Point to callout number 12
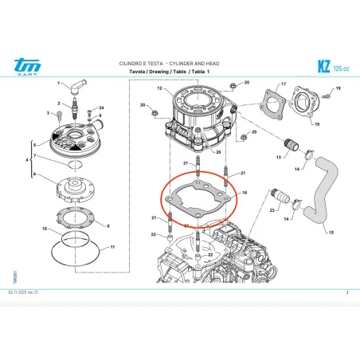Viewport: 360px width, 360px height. tap(159, 89)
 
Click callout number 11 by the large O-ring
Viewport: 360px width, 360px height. tap(113, 248)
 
